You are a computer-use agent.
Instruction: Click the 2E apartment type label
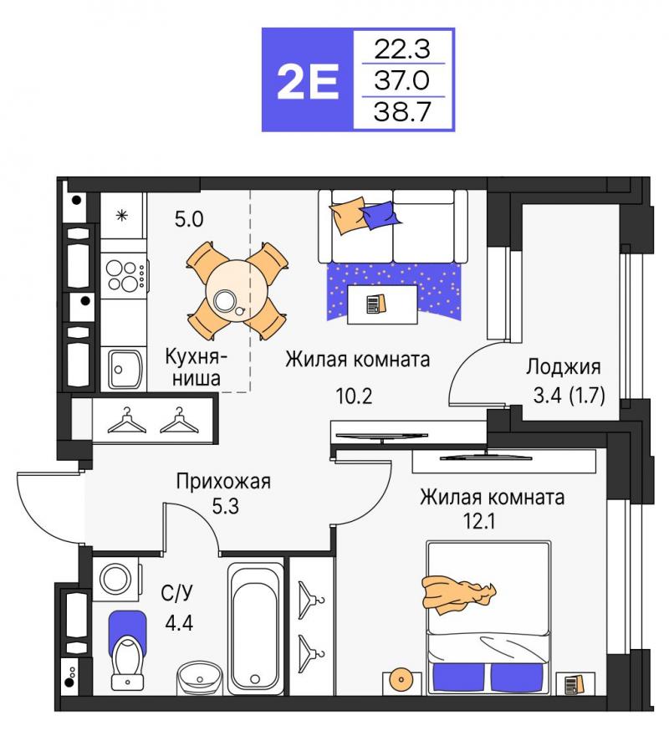click(x=307, y=82)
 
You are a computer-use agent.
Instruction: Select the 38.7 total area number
click(x=402, y=112)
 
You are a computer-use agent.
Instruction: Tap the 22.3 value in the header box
click(x=402, y=49)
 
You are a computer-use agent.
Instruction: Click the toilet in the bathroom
click(x=127, y=652)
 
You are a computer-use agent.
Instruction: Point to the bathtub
click(x=256, y=629)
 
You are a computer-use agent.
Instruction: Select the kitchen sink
click(x=125, y=370)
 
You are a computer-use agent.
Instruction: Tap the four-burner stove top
click(x=124, y=275)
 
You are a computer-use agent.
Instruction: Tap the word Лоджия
click(x=563, y=367)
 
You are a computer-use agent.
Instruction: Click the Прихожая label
click(x=223, y=481)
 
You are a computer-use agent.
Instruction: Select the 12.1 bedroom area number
click(x=479, y=521)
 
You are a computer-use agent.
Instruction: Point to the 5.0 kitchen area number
click(x=189, y=218)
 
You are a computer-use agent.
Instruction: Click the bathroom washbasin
click(x=201, y=677)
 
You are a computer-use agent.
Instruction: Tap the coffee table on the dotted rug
click(x=382, y=304)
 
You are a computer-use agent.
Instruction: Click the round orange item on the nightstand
click(x=400, y=678)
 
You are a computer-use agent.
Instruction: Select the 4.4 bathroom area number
click(x=179, y=622)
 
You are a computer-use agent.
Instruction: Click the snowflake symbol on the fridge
click(x=122, y=216)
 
